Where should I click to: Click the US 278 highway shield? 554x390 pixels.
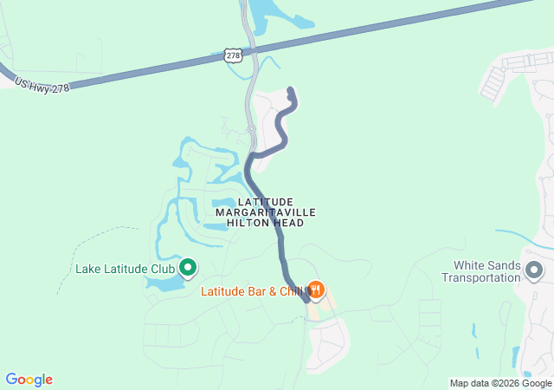[x=232, y=55]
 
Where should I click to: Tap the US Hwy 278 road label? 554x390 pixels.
[x=41, y=81]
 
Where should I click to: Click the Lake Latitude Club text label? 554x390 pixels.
[x=125, y=269]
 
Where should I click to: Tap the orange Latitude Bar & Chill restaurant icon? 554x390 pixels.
[x=316, y=290]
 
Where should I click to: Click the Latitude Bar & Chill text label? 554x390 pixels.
[x=251, y=291]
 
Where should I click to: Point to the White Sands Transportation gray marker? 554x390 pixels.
[x=534, y=271]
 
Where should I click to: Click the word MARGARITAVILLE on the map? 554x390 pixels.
[x=265, y=212]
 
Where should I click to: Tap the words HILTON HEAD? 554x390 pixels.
[x=265, y=223]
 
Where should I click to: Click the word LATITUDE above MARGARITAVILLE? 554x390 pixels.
[x=265, y=201]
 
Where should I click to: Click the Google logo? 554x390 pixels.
[x=29, y=380]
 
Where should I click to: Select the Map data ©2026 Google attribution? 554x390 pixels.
[x=499, y=383]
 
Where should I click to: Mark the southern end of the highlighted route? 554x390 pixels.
[x=306, y=299]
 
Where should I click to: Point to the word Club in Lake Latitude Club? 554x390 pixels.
[x=162, y=269]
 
